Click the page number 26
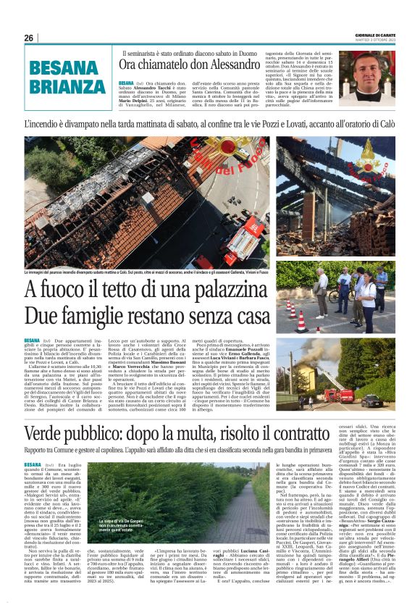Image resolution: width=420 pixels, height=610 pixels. coord(29,38)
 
